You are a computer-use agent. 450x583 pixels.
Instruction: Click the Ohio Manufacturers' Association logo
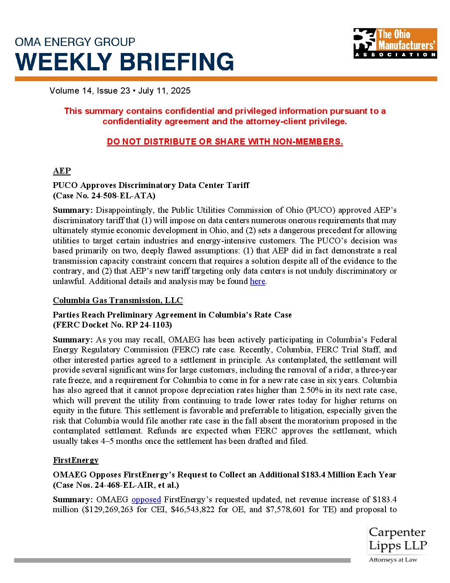coord(395,43)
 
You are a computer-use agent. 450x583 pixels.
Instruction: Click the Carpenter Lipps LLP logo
coord(397,539)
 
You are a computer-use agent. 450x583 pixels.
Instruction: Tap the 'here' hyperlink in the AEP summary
coord(257,282)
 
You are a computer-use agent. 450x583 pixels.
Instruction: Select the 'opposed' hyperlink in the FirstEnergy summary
coord(146,500)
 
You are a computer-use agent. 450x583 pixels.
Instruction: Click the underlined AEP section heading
coord(62,171)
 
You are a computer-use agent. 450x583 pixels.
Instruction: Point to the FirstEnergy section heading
coord(76,460)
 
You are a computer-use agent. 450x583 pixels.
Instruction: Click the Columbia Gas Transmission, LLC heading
coord(117,301)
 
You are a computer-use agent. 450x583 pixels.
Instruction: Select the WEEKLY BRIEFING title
coord(124,62)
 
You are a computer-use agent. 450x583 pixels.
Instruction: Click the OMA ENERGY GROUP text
coord(75,42)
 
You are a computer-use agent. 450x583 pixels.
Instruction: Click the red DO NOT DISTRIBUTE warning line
coord(225,142)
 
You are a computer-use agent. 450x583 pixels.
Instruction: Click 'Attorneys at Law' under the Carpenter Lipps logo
coord(393,560)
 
